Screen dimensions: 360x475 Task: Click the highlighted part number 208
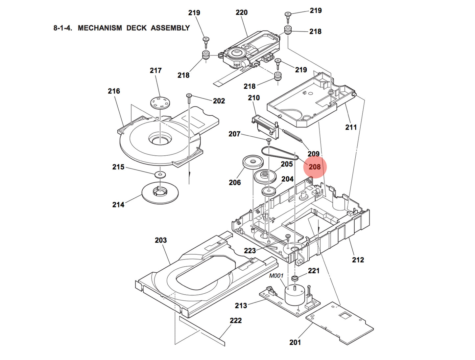point(315,167)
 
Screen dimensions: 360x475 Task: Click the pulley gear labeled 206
point(253,162)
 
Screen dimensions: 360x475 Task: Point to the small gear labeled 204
point(269,191)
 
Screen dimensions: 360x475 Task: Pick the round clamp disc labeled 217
point(160,103)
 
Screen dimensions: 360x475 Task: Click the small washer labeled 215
point(160,173)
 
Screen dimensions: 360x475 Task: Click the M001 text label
point(276,276)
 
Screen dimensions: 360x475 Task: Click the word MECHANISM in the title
point(100,28)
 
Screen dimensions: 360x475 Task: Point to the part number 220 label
point(241,12)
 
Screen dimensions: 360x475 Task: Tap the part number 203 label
point(161,240)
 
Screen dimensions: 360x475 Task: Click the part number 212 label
point(358,260)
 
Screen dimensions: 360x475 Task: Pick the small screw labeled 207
point(269,140)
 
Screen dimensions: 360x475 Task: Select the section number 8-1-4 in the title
point(62,28)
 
